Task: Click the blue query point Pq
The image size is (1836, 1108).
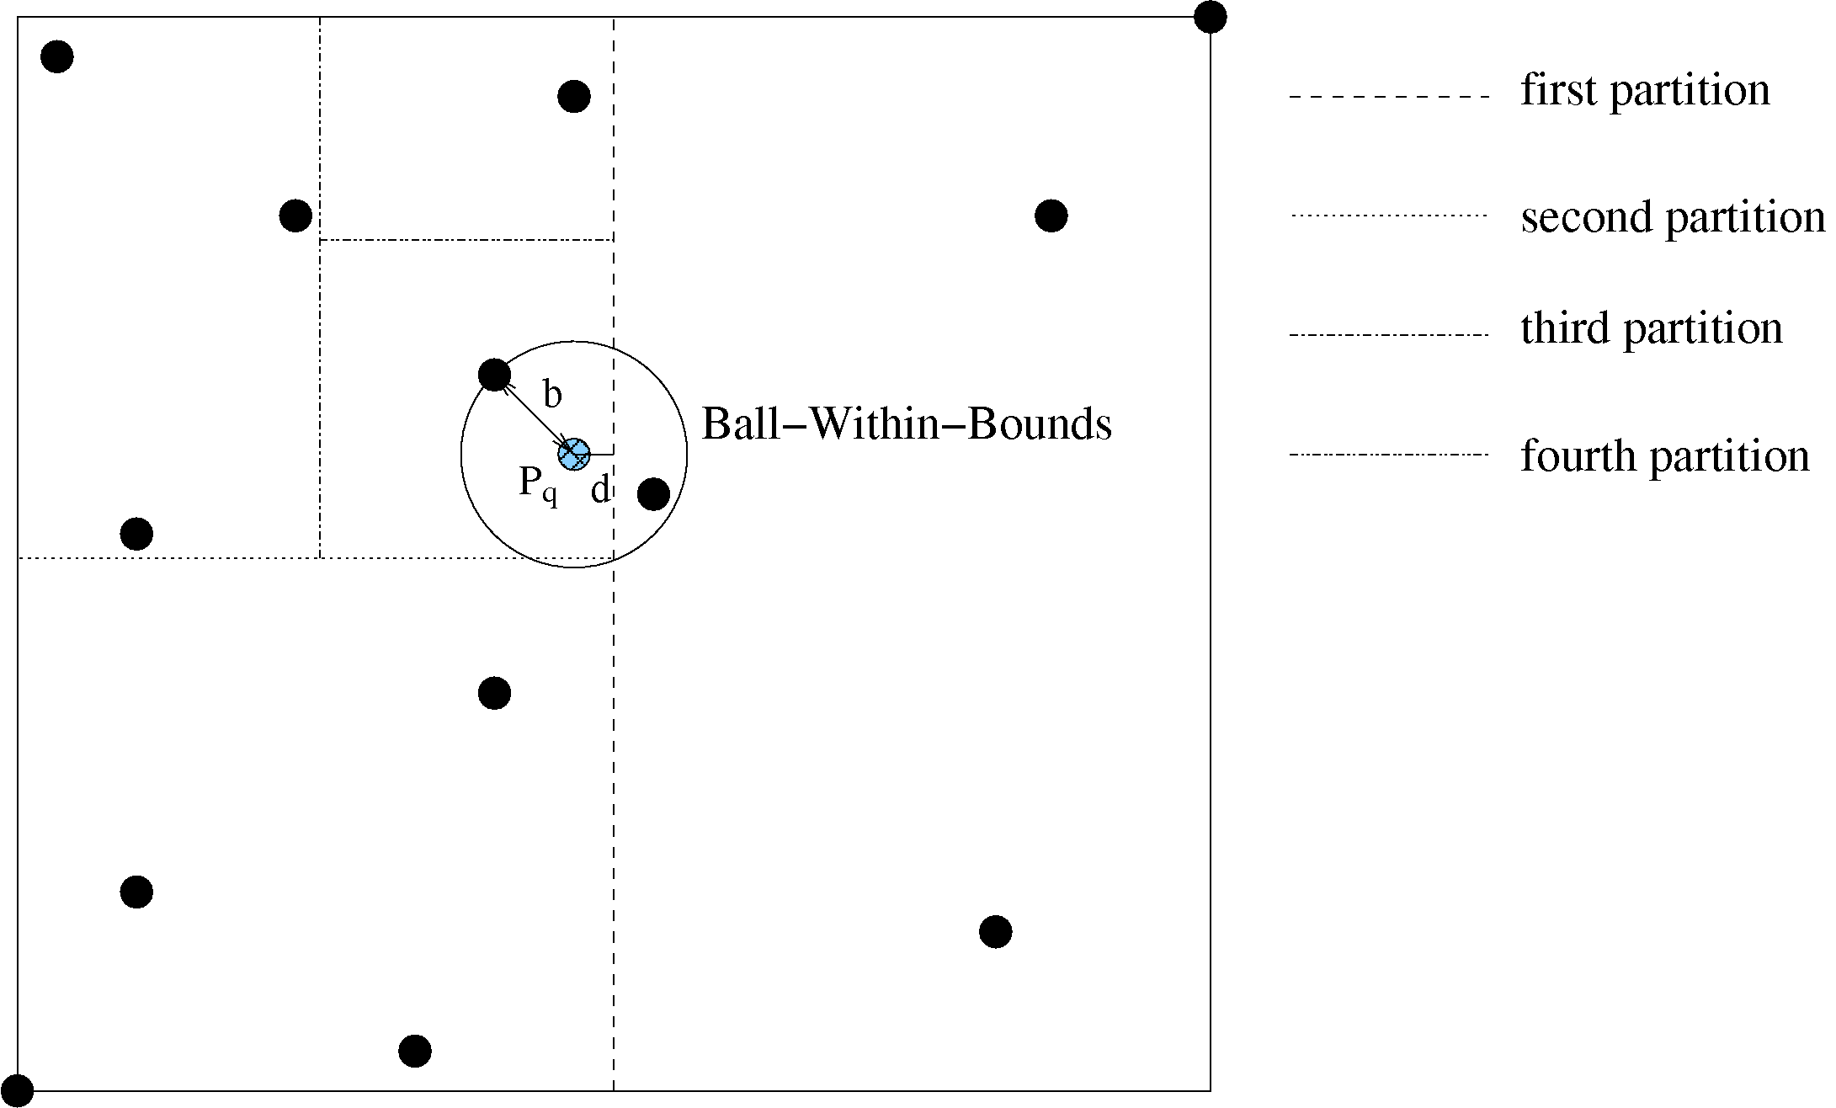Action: click(574, 454)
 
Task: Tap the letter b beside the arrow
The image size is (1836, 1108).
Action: click(552, 394)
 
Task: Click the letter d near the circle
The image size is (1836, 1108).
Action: click(599, 489)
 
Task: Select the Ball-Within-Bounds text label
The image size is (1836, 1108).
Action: click(907, 423)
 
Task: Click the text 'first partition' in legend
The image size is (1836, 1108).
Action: click(1645, 90)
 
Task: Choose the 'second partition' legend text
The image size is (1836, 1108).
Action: click(1673, 217)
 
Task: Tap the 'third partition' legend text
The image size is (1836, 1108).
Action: click(1652, 328)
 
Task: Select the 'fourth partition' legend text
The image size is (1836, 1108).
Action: click(1665, 456)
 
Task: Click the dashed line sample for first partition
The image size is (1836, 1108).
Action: click(1389, 97)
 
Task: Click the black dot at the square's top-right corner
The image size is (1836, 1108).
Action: click(1210, 17)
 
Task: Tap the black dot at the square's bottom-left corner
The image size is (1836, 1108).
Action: click(17, 1091)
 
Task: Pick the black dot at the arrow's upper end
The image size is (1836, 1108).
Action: click(494, 374)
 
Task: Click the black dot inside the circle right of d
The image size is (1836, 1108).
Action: click(653, 493)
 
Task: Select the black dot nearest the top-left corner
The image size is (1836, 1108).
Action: click(57, 56)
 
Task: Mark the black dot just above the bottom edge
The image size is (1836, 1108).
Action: click(415, 1051)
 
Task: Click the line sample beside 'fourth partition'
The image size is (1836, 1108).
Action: click(1389, 455)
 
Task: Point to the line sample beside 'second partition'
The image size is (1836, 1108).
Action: click(1389, 216)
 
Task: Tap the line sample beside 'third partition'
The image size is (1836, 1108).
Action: click(1389, 335)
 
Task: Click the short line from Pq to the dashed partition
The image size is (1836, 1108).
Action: click(601, 454)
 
